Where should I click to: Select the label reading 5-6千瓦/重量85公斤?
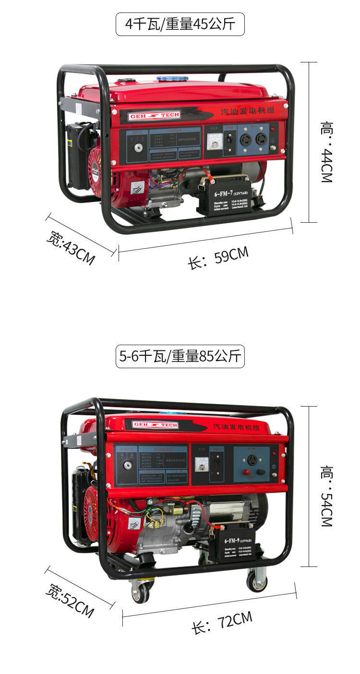180,356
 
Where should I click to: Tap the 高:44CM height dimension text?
326,152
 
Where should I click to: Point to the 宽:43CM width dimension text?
71,248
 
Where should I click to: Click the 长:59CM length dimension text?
218,258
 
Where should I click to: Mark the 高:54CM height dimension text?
326,496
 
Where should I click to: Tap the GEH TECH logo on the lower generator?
155,425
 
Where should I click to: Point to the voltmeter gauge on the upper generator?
213,142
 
